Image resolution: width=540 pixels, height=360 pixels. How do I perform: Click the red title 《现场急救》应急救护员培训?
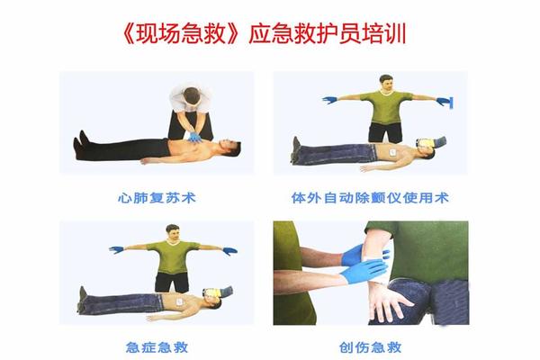point(265,34)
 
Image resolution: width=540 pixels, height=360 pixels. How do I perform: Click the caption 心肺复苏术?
point(157,198)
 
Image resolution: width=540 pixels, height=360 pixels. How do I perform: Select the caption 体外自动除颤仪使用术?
point(370,198)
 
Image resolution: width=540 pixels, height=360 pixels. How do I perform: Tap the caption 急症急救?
point(157,346)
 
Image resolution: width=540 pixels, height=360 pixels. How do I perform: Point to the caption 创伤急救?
point(371,346)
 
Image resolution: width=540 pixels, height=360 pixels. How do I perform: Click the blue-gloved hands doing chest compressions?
point(195,138)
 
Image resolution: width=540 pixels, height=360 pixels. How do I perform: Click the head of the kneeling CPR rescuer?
point(192,96)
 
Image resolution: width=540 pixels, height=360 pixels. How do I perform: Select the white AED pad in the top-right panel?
point(391,152)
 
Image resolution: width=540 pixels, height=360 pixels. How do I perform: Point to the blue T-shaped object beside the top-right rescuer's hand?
point(447,103)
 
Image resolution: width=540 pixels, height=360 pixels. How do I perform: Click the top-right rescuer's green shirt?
point(386,107)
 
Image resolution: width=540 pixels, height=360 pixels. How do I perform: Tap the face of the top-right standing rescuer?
point(387,84)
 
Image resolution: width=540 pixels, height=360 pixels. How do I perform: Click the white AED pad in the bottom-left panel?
point(179,301)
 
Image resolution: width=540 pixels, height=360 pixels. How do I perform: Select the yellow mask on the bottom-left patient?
point(212,292)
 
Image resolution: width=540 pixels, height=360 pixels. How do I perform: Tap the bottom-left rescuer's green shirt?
point(173,256)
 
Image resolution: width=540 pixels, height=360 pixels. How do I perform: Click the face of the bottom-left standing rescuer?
point(173,234)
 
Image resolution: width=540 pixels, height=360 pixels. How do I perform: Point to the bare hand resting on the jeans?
point(389,303)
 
